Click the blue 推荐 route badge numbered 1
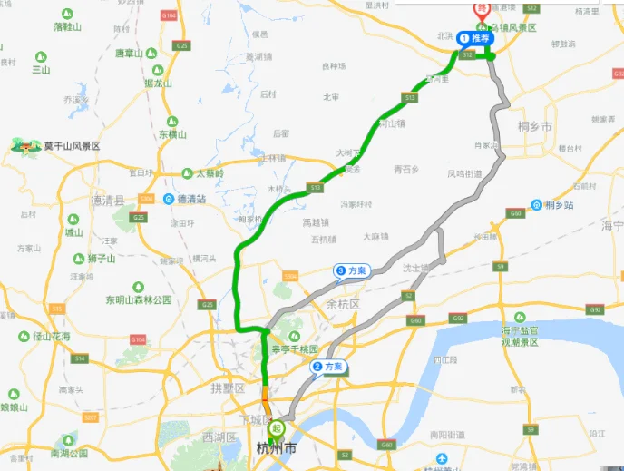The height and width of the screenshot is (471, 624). [475, 38]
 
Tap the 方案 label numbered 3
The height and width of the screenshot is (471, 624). [352, 270]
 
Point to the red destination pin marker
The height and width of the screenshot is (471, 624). [483, 9]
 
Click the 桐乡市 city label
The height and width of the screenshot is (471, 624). [533, 127]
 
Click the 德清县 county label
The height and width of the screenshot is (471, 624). [108, 199]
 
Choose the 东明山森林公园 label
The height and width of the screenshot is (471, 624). [138, 299]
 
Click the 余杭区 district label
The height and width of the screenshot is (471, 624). [344, 304]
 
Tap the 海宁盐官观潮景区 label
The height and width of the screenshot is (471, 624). [520, 336]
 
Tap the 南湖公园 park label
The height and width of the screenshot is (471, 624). [69, 453]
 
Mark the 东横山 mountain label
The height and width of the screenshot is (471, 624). [172, 133]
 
